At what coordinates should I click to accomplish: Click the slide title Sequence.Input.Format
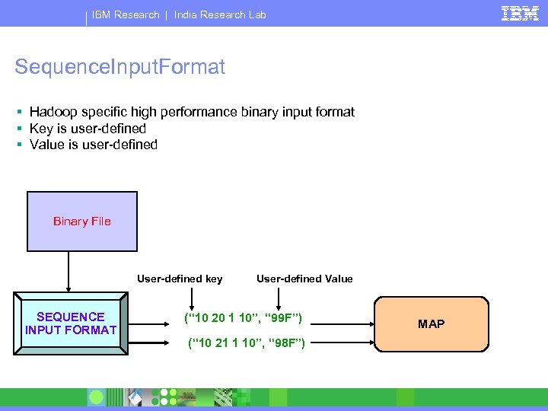[x=120, y=68]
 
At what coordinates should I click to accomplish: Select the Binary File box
[x=82, y=221]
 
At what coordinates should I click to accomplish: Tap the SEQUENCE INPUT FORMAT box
[x=71, y=323]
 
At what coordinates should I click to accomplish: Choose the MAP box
[x=431, y=323]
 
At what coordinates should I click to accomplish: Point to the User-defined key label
[x=180, y=279]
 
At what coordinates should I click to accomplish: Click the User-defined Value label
[x=304, y=279]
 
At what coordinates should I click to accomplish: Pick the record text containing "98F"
[x=246, y=344]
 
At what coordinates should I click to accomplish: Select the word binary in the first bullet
[x=260, y=112]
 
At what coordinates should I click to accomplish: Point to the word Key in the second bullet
[x=41, y=129]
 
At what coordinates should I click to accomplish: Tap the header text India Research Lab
[x=220, y=14]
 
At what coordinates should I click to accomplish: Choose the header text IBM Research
[x=126, y=14]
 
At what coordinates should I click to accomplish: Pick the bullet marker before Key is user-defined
[x=18, y=129]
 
